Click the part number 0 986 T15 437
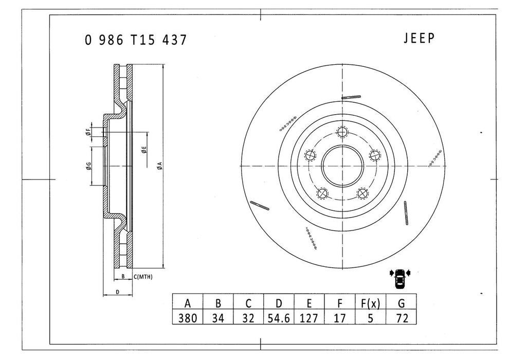(x=136, y=41)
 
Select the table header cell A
(x=187, y=303)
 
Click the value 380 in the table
(x=187, y=317)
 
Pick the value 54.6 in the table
(x=278, y=317)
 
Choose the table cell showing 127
(x=308, y=317)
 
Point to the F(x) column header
(x=369, y=303)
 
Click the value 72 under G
(x=402, y=317)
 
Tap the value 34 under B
(x=218, y=317)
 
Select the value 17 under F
(x=339, y=317)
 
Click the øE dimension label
(x=144, y=150)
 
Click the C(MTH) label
(x=143, y=277)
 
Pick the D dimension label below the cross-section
(x=118, y=292)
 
